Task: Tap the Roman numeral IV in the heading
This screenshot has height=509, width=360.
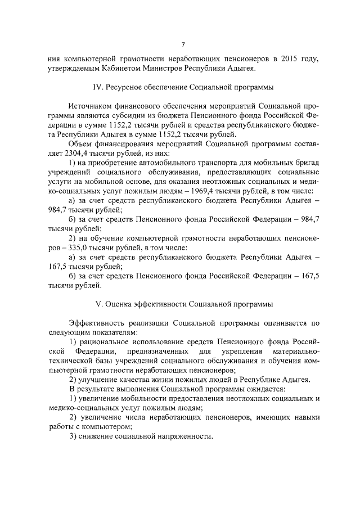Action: click(97, 88)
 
